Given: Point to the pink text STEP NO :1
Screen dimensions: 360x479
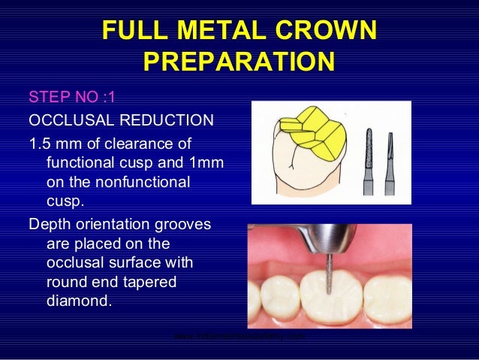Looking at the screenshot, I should pos(71,98).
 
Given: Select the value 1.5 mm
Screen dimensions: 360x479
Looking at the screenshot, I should pos(53,144).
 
